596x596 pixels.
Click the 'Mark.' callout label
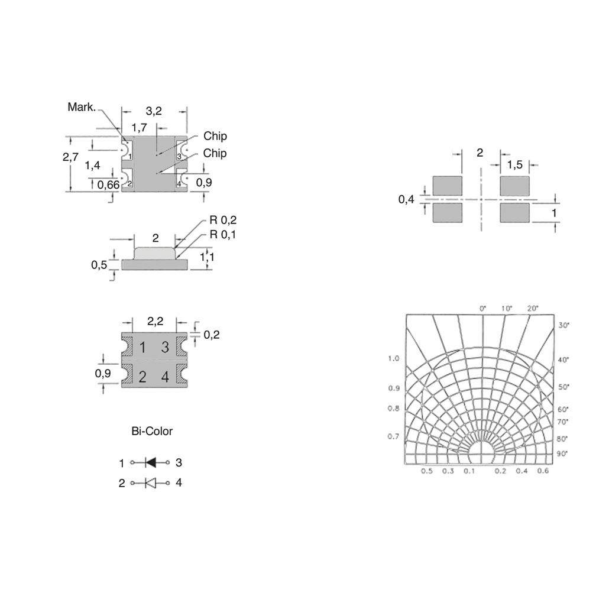pos(82,107)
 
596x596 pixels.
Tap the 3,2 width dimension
pos(154,111)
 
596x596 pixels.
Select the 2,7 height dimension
pos(71,157)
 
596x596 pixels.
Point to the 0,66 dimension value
pos(108,185)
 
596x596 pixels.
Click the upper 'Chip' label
pos(215,136)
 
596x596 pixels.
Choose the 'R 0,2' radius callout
pos(223,220)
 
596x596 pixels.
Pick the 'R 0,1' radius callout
pos(223,235)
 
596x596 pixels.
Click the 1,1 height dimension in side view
pos(207,257)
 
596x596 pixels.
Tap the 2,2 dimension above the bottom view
pos(155,322)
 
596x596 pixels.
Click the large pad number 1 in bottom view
pos(142,347)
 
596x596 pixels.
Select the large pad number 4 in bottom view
pos(165,377)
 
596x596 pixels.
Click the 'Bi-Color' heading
pos(152,431)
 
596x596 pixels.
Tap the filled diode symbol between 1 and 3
pos(151,462)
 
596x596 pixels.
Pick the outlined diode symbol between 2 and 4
pos(151,483)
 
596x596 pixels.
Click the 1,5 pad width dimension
pos(514,165)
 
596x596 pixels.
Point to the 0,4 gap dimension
pos(406,199)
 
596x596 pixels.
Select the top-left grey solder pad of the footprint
pos(448,186)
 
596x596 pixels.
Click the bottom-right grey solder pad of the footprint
pos(514,212)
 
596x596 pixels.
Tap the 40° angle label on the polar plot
pos(563,359)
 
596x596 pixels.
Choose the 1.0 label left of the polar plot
pos(393,358)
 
